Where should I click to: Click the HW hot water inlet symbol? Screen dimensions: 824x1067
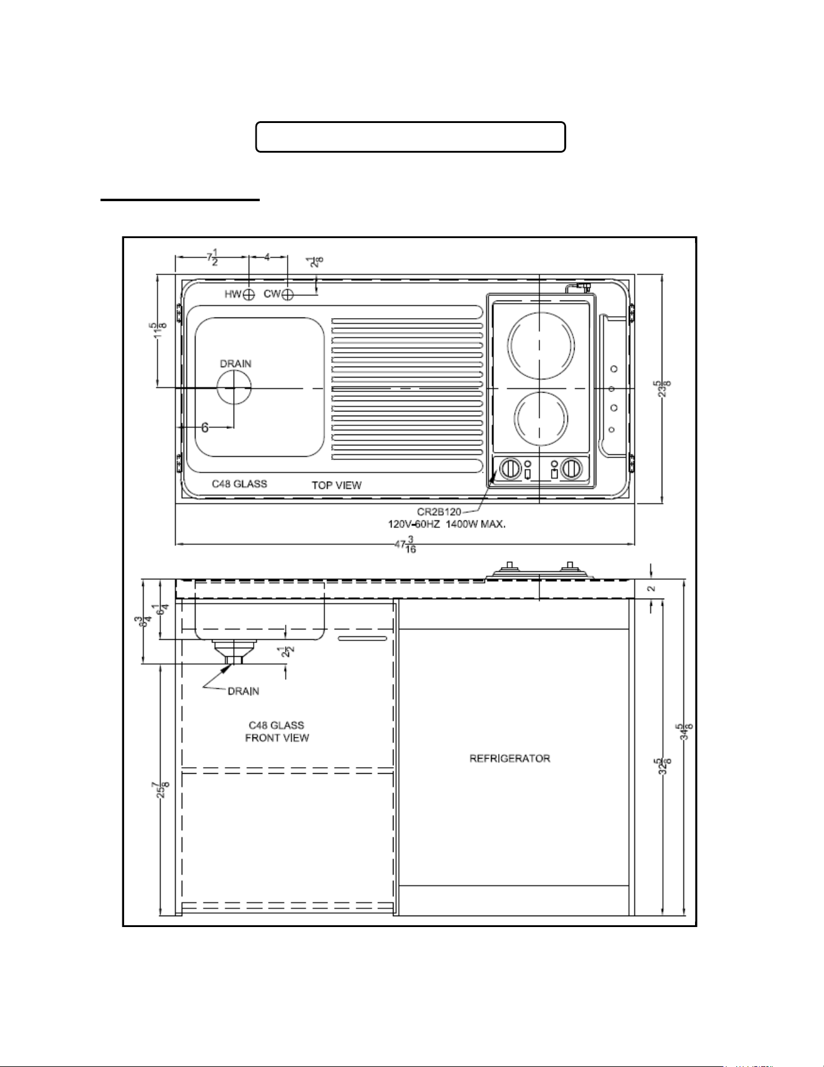[x=249, y=294]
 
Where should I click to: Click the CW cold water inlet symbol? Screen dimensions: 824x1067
[x=288, y=294]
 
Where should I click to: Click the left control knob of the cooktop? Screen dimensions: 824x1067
[x=510, y=469]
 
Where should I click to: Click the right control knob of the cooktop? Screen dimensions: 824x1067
[x=572, y=469]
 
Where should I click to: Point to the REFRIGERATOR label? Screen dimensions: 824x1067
[x=510, y=758]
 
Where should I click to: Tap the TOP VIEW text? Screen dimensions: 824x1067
[x=337, y=485]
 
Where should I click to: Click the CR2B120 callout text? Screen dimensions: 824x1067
[x=439, y=512]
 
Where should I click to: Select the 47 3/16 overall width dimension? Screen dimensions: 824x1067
[x=405, y=544]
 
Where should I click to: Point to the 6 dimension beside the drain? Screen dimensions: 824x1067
[x=205, y=427]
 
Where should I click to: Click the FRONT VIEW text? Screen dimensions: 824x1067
[x=277, y=737]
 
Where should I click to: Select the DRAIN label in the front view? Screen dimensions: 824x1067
[x=243, y=691]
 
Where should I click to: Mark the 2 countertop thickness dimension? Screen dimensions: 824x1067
[x=651, y=588]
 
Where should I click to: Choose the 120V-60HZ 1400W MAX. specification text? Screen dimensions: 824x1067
[x=447, y=524]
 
